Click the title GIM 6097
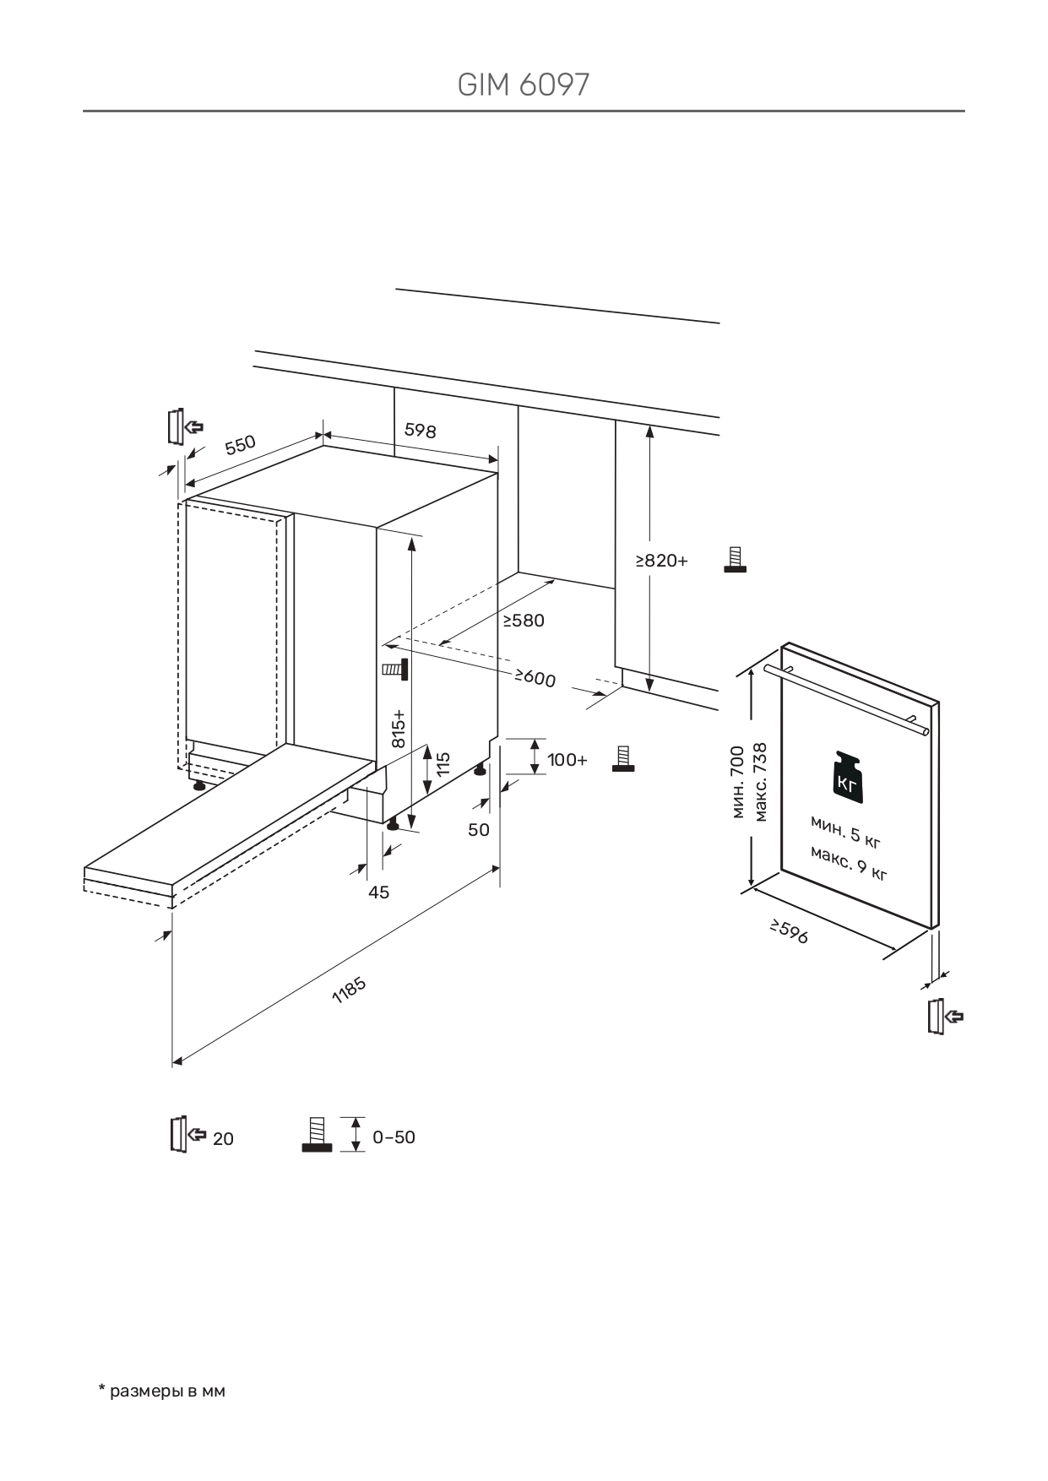[523, 84]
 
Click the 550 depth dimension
[241, 445]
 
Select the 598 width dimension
[420, 430]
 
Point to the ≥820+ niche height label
[662, 561]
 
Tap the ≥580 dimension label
[524, 621]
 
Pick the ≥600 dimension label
[535, 677]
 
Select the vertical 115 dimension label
[443, 764]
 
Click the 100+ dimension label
[567, 760]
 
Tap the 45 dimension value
[379, 892]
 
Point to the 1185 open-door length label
[349, 990]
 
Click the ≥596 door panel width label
[789, 932]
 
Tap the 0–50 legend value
[394, 1137]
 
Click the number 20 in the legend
[223, 1139]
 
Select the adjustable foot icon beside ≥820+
[735, 560]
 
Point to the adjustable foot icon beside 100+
[624, 758]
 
